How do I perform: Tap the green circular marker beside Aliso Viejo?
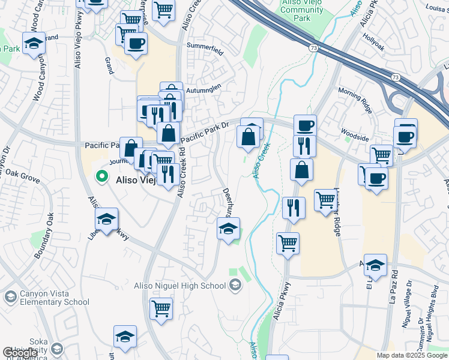coord(101,177)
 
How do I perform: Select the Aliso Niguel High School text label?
coord(187,285)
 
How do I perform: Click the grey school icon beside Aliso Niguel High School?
coord(235,285)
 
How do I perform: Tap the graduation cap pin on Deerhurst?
coord(228,228)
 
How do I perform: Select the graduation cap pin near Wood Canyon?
coord(34,43)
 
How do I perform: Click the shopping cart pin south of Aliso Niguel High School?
coord(161,308)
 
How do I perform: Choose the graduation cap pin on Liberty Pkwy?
coord(106,219)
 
